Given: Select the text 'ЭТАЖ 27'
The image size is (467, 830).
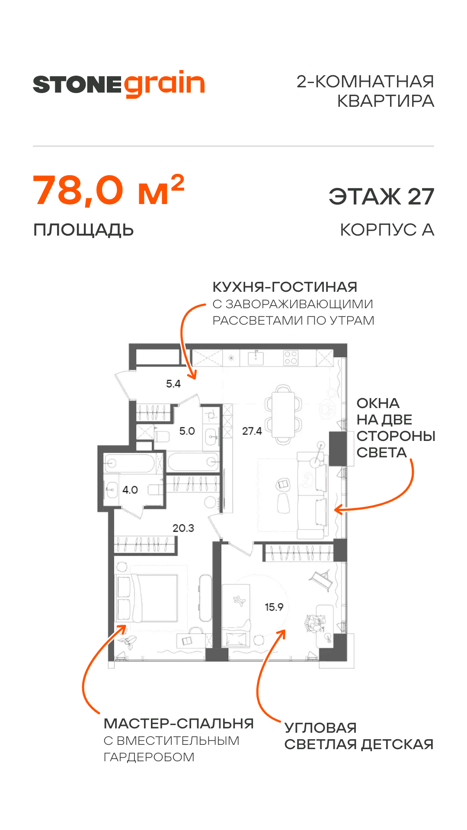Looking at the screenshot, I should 381,197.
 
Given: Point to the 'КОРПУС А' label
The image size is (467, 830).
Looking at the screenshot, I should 387,230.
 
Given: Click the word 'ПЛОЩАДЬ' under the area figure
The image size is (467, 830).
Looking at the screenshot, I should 83,230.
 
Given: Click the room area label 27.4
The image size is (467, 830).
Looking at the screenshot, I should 252,431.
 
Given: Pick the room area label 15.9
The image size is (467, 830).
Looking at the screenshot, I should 274,607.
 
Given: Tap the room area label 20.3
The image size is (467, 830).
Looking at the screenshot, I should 183,528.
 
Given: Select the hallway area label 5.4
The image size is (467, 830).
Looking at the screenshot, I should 173,383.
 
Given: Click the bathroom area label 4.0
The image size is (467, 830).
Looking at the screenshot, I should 130,490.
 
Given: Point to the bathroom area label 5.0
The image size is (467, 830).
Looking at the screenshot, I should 187,431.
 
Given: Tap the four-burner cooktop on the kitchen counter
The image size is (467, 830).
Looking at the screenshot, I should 291,358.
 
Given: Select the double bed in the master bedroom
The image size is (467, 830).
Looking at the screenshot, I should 154,598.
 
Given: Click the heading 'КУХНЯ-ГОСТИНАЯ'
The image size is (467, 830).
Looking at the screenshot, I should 285,287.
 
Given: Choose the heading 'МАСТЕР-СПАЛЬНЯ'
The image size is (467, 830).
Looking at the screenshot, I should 179,723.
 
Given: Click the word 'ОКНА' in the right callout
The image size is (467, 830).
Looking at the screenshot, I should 377,403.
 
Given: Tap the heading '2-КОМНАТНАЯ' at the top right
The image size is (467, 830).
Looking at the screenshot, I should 365,81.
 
